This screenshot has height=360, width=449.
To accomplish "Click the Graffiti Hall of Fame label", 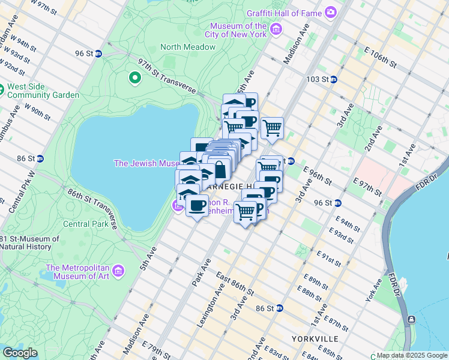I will pyautogui.click(x=284, y=12).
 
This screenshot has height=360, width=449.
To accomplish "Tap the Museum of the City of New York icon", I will pyautogui.click(x=276, y=29).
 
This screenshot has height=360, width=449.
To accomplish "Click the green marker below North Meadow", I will pyautogui.click(x=135, y=77).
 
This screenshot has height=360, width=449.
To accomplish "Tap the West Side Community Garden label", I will pyautogui.click(x=42, y=91).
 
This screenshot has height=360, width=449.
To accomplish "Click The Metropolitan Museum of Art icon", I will pyautogui.click(x=118, y=271).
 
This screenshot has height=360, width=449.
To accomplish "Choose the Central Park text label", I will pyautogui.click(x=85, y=224).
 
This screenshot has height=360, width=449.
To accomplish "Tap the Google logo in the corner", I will pyautogui.click(x=20, y=353).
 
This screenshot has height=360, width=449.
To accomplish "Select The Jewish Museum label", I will pyautogui.click(x=146, y=163).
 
